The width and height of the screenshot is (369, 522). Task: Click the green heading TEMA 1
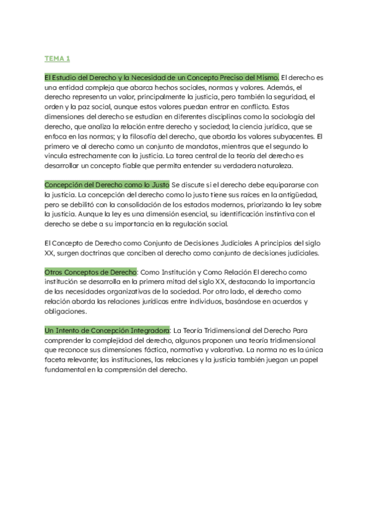(x=57, y=58)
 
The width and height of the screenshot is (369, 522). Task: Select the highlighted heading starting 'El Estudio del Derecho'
(x=162, y=77)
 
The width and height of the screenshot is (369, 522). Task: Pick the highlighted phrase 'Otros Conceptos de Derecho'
(x=90, y=272)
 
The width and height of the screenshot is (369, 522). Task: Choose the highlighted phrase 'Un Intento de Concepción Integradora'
(x=107, y=331)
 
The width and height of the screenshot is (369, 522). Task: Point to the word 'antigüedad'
(x=296, y=195)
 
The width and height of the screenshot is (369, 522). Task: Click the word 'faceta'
(x=57, y=360)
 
